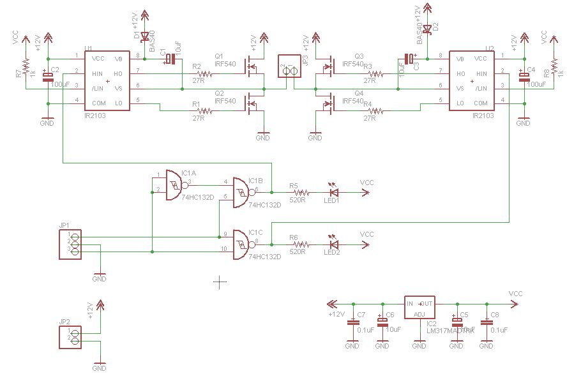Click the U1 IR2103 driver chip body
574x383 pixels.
click(107, 81)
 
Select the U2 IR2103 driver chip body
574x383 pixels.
click(472, 81)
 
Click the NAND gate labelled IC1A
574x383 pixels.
click(173, 184)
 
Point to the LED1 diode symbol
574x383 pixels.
click(333, 191)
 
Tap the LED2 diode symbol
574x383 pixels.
click(333, 244)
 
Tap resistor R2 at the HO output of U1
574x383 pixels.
click(199, 74)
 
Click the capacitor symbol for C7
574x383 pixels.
click(352, 322)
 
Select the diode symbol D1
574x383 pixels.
click(144, 36)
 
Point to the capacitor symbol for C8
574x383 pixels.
click(486, 322)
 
